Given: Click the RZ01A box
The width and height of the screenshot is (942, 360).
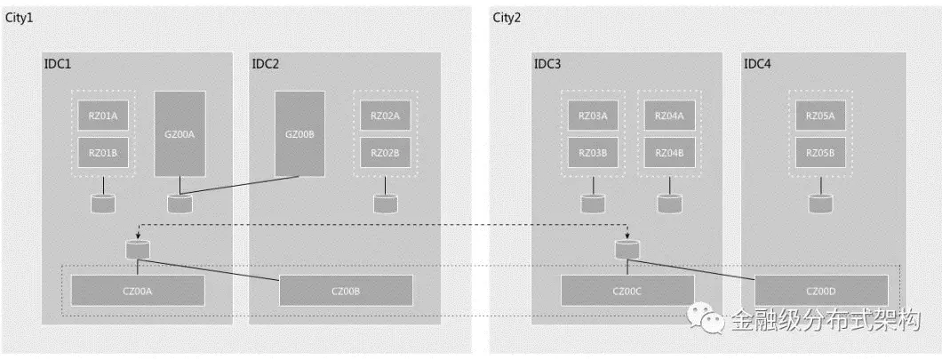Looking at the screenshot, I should coord(103,116).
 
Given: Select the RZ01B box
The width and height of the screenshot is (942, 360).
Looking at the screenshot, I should coord(103,153).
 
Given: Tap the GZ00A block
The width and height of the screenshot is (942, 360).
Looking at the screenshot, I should coord(180,133).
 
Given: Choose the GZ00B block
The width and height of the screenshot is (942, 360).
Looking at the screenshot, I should coord(299,133).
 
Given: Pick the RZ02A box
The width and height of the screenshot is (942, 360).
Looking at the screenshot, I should coord(385,116).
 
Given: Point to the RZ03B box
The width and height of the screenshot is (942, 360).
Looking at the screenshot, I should coord(593,153).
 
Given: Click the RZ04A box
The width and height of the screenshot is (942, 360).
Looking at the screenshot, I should coord(669,116).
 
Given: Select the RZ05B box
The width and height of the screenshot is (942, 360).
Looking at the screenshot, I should coord(819,153).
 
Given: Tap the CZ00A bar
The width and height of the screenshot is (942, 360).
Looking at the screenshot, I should coord(138,291).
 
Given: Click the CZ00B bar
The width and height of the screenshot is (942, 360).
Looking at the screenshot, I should coord(346,291).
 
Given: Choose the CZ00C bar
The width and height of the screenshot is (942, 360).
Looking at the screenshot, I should coord(627,291).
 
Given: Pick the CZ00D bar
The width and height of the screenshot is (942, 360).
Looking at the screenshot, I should coord(821,291).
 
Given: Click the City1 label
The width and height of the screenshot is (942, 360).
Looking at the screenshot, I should coord(20,19).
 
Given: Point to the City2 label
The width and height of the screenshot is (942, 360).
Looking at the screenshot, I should coord(507,19).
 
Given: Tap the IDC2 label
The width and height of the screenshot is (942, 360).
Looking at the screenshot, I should coord(265,64).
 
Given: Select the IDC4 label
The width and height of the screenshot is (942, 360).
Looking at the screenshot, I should coord(757,64).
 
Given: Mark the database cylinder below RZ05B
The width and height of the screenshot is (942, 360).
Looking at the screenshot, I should coord(819,204).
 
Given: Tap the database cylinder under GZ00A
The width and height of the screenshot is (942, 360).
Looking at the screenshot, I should coord(180,204).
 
